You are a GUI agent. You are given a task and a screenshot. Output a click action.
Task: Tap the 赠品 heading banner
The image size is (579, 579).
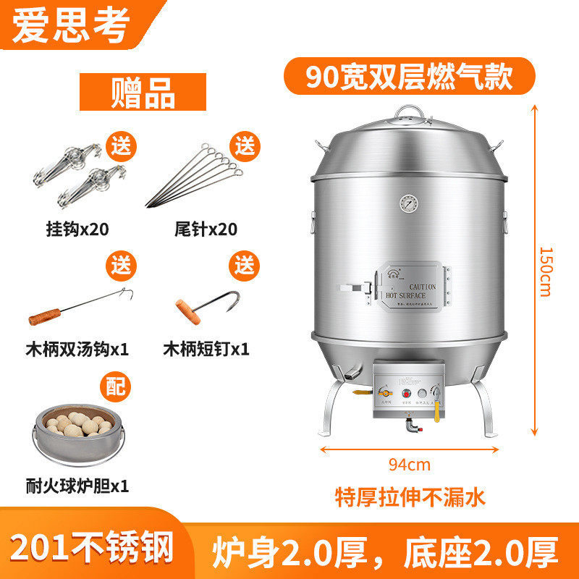(x=143, y=92)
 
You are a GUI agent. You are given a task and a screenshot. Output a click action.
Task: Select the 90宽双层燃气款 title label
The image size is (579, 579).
(x=409, y=76)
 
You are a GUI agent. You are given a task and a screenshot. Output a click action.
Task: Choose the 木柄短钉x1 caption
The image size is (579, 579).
(x=206, y=349)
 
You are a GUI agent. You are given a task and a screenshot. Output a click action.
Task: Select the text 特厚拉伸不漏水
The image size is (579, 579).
(x=410, y=496)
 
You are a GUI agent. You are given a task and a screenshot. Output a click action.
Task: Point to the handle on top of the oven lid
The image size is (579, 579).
(x=409, y=112)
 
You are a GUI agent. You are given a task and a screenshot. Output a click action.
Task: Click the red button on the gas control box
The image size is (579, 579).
(x=407, y=395)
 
